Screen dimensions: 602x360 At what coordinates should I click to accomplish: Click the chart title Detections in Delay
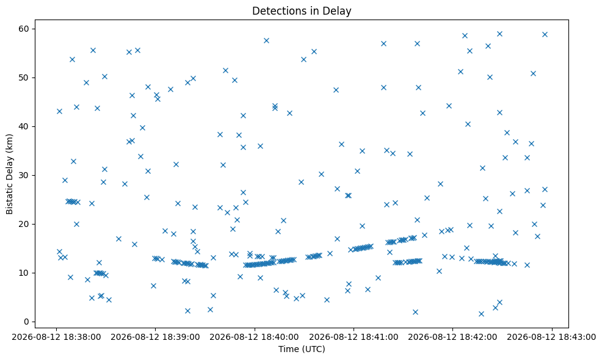click(x=302, y=11)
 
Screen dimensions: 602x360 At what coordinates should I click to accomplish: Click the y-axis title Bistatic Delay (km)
click(x=10, y=174)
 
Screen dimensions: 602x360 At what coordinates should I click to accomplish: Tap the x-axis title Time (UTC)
click(x=302, y=349)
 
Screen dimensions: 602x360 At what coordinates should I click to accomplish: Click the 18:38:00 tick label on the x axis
click(x=56, y=337)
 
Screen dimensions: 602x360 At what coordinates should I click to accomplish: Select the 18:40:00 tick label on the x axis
click(x=255, y=337)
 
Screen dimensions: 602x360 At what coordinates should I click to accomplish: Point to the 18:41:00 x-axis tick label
click(x=354, y=337)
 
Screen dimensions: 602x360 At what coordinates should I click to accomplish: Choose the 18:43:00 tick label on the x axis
click(x=552, y=337)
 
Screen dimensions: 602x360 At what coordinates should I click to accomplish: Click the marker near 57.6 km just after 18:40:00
click(x=266, y=41)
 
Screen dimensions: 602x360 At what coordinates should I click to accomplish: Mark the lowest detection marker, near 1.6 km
click(x=482, y=314)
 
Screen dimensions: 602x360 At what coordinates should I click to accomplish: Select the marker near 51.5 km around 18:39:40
click(x=226, y=71)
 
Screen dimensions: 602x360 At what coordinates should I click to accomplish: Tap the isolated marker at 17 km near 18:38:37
click(x=118, y=239)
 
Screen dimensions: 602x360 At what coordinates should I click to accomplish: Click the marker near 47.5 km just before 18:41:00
click(x=336, y=90)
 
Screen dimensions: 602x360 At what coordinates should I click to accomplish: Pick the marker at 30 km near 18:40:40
click(x=322, y=175)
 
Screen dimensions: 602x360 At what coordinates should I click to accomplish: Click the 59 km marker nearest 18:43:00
click(x=545, y=35)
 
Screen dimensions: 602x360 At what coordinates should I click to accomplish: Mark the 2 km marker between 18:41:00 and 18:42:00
click(x=415, y=312)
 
